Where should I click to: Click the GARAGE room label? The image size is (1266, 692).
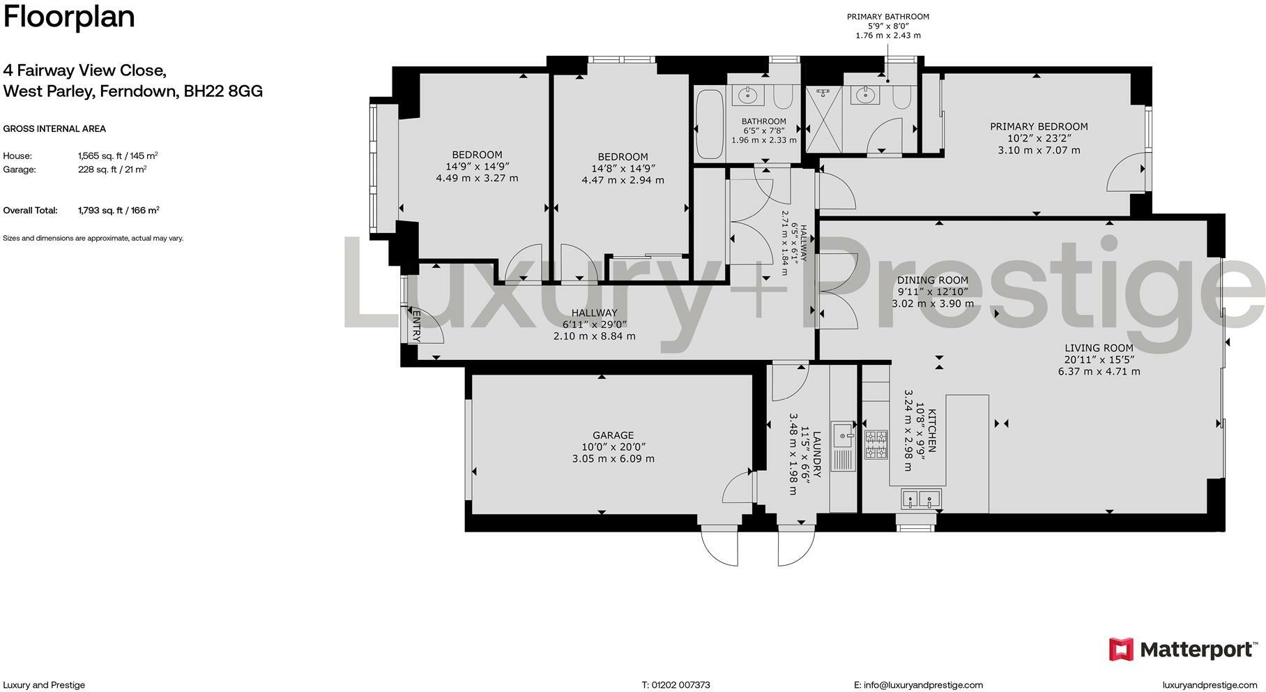[x=613, y=435]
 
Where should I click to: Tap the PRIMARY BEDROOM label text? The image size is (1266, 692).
[x=1039, y=126]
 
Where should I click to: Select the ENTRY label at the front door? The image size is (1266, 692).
[x=416, y=326]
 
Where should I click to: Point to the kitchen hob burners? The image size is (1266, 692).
[x=876, y=445]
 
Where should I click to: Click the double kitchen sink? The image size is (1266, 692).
[x=921, y=499]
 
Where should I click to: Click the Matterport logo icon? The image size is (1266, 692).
[x=1121, y=649]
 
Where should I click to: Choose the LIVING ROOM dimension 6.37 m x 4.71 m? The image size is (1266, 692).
[x=1099, y=371]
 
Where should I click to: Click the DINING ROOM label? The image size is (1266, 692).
[x=933, y=280]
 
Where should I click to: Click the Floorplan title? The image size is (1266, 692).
[x=68, y=17]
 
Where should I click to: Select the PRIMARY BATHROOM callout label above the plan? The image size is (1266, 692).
[x=887, y=17]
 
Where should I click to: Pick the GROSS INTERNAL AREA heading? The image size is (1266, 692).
[x=54, y=128]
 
